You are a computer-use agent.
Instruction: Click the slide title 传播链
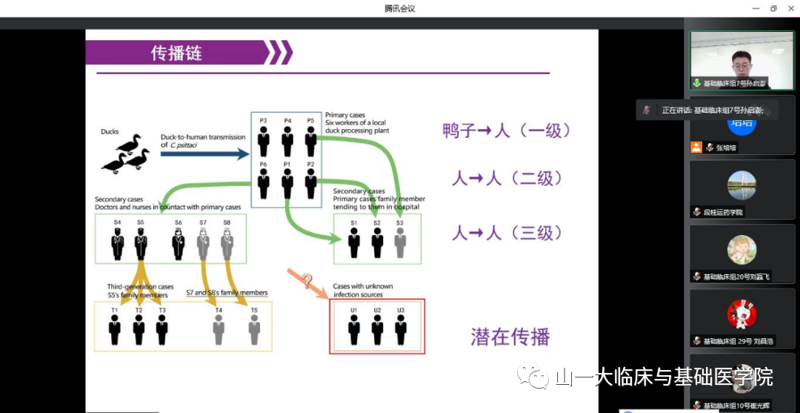pos(176,53)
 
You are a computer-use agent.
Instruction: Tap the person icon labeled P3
pos(264,141)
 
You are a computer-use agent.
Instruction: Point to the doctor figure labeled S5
pos(140,243)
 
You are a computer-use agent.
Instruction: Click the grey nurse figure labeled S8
pos(227,243)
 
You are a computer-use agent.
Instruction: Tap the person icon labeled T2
pos(139,329)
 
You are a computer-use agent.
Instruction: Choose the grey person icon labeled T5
pos(254,329)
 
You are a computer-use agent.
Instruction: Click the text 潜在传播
pos(510,337)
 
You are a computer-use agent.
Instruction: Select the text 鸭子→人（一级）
pos(507,130)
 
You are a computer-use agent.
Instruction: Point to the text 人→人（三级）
pos(507,233)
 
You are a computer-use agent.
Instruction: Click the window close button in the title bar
pos(790,8)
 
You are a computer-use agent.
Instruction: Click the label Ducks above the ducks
pos(110,131)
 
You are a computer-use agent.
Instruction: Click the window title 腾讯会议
pos(399,8)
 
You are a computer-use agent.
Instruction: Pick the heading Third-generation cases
pos(140,287)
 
